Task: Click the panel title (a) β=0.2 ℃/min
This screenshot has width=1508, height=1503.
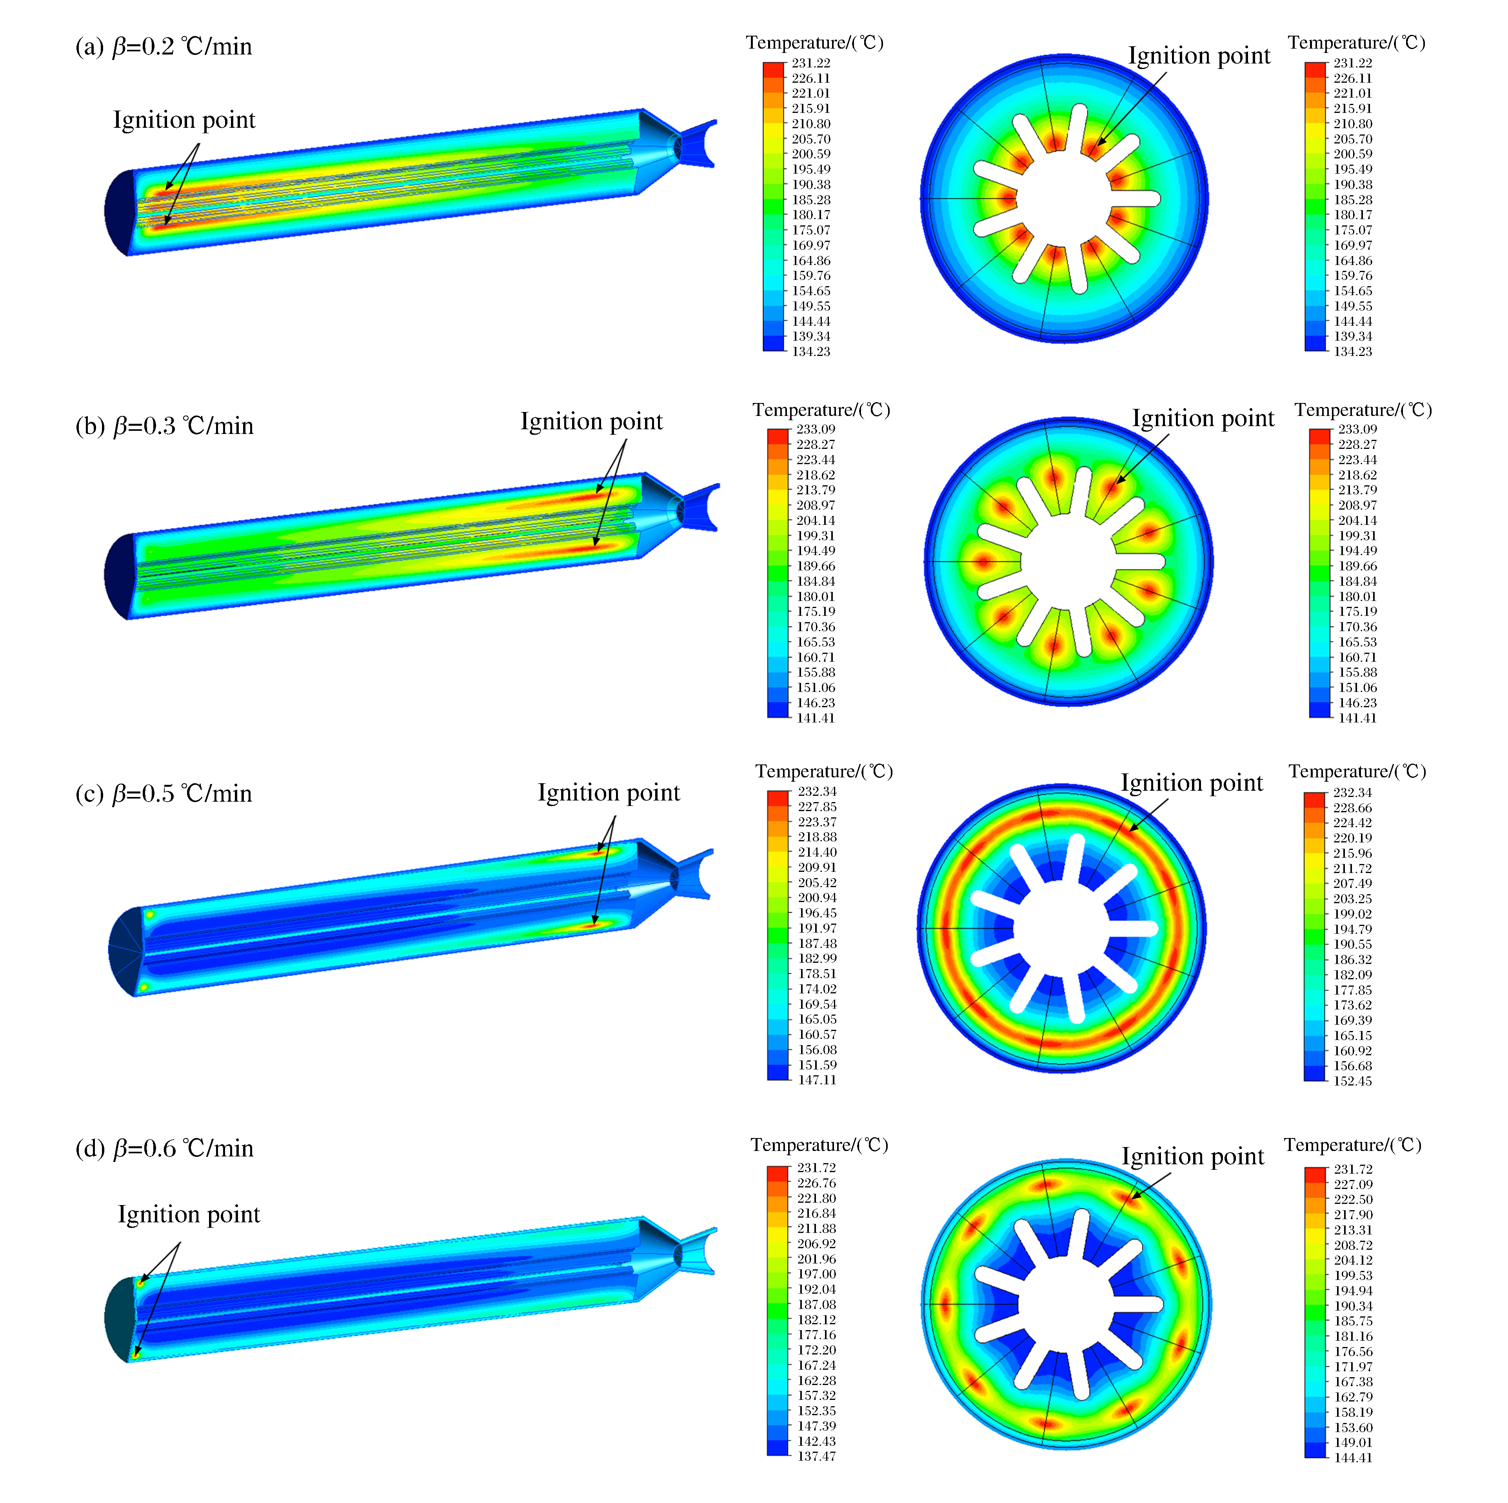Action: coord(164,47)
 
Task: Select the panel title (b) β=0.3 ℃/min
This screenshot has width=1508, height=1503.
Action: coord(165,426)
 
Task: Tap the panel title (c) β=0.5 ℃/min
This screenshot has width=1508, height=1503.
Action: coord(164,793)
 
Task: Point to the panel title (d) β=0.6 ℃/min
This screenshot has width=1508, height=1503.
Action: coord(165,1149)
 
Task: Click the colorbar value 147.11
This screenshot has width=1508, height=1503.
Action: coord(816,1080)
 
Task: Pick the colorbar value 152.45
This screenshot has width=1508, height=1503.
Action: coord(1353,1081)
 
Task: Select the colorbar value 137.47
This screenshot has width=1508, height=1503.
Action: coord(816,1456)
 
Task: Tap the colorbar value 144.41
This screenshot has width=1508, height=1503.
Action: coord(1353,1457)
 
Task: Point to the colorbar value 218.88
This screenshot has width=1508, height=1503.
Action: coord(816,837)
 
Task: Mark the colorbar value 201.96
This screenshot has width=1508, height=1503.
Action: coord(816,1259)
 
